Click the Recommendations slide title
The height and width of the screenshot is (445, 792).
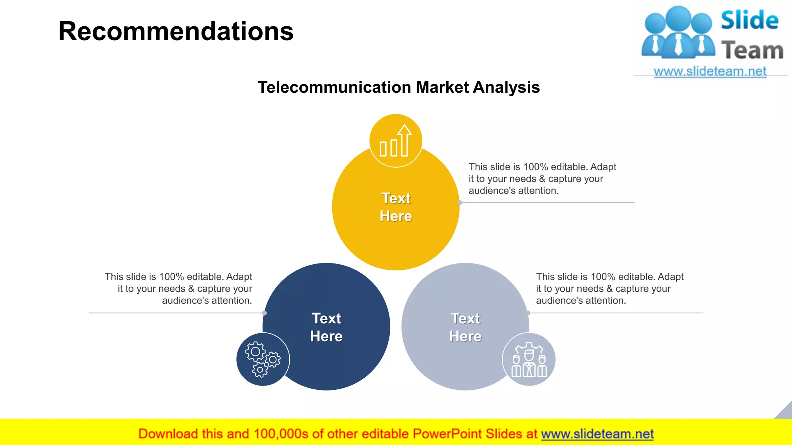176,31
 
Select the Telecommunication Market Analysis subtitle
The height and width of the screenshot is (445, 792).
399,87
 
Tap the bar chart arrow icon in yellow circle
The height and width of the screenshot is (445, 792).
396,141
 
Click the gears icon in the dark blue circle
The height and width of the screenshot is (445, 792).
263,359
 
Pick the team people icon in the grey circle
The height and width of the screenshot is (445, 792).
529,360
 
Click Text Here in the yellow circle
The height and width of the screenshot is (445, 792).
396,207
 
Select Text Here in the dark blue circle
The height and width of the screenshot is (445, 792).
326,327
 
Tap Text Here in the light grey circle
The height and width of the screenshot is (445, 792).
465,327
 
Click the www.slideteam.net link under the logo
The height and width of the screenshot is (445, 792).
710,71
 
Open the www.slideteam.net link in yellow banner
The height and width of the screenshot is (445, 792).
597,434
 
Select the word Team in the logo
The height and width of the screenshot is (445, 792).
752,51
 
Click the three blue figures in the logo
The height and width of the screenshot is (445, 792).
678,33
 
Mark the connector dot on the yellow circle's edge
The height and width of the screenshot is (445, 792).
460,202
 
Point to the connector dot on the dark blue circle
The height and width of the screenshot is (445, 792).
265,313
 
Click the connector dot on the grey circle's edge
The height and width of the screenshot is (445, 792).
528,313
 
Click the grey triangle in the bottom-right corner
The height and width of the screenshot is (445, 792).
785,412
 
